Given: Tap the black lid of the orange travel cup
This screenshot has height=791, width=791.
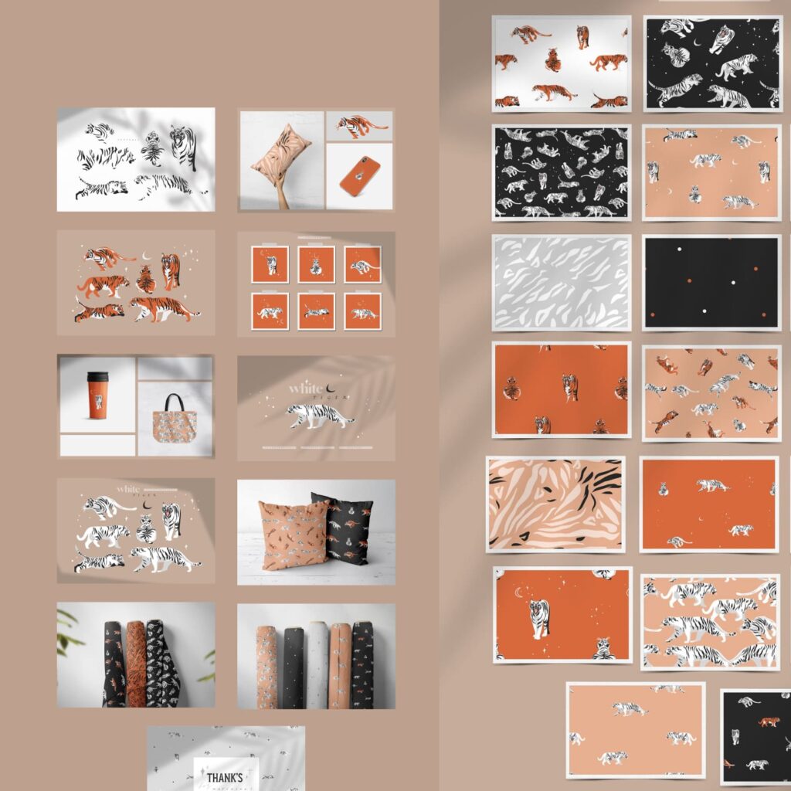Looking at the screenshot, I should tap(97, 377).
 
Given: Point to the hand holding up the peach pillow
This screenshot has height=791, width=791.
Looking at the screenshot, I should tap(283, 198).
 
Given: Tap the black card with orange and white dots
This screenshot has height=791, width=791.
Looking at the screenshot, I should tap(711, 282).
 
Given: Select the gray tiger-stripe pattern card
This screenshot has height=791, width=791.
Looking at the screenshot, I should tap(561, 282).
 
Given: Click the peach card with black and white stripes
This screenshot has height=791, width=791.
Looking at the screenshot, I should tap(555, 504).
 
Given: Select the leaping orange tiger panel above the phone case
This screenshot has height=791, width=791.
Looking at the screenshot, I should tap(360, 124).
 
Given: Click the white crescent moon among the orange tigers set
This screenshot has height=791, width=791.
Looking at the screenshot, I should tap(146, 254).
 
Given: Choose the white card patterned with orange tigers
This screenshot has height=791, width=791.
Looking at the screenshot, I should tap(561, 63).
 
